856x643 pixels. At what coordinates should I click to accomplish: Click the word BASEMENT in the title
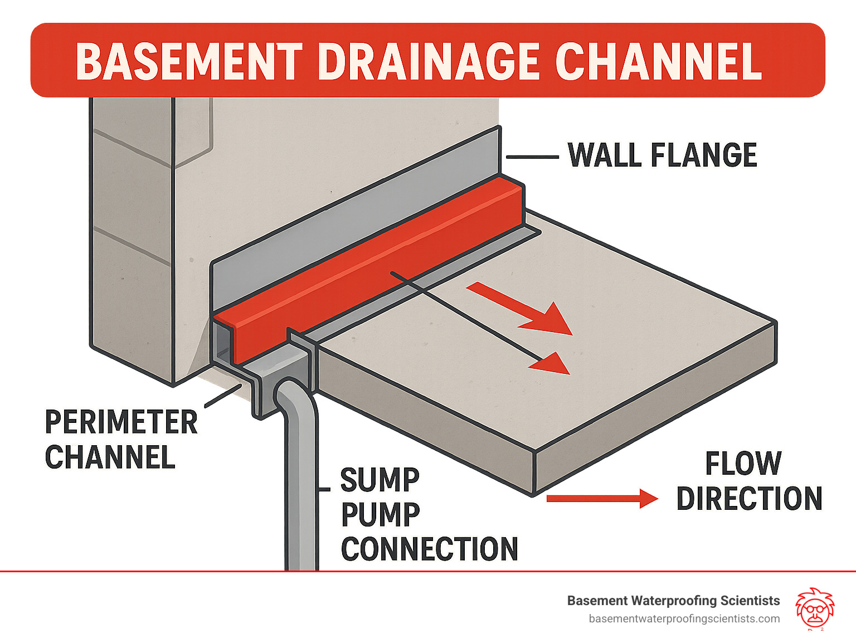click(x=188, y=61)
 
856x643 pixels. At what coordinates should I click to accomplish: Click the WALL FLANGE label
click(x=662, y=155)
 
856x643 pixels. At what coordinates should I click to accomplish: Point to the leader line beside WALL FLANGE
click(x=532, y=158)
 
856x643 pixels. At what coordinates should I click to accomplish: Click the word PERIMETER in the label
click(x=121, y=422)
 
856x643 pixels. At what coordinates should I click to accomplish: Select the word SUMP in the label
click(x=380, y=480)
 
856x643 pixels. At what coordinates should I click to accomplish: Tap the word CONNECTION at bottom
click(x=429, y=549)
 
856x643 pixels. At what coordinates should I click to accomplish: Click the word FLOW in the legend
click(x=743, y=464)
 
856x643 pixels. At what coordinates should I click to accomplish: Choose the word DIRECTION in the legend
click(x=749, y=499)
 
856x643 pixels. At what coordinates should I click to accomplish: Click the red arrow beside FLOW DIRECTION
click(x=602, y=499)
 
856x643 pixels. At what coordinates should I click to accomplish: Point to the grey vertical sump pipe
click(x=301, y=490)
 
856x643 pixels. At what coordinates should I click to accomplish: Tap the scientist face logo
click(x=814, y=608)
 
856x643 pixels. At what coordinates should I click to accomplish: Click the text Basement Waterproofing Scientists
click(x=673, y=601)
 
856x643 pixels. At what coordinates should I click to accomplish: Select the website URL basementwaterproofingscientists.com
click(x=684, y=619)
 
